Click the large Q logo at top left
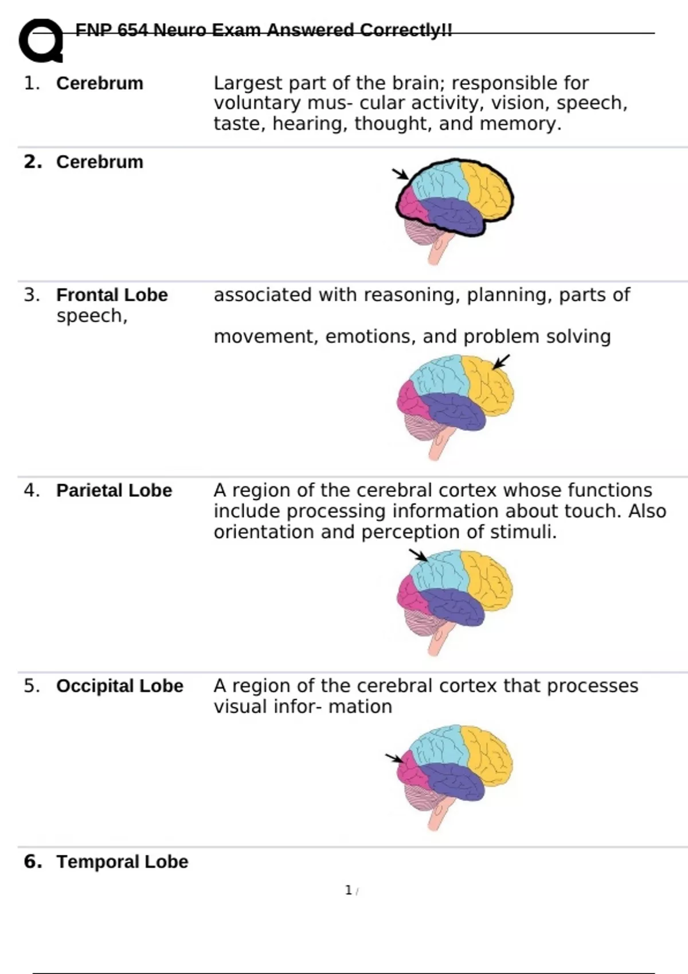click(x=41, y=41)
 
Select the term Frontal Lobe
click(x=112, y=295)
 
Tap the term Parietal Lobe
click(x=114, y=490)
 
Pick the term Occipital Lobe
click(x=120, y=686)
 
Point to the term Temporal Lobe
click(x=122, y=862)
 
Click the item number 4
click(x=32, y=490)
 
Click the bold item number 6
click(x=33, y=862)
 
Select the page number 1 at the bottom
click(x=349, y=890)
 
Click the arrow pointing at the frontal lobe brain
click(x=501, y=362)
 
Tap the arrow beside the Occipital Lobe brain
click(x=394, y=759)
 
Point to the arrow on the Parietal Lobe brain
click(x=418, y=555)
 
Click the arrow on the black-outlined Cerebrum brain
click(x=400, y=174)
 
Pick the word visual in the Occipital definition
click(x=240, y=706)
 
